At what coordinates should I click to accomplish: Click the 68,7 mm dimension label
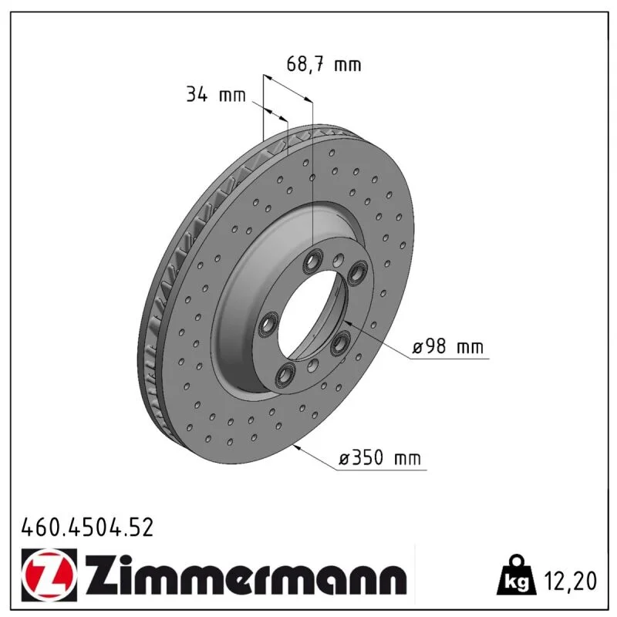pyautogui.click(x=323, y=64)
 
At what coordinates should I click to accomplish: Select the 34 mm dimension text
pyautogui.click(x=216, y=95)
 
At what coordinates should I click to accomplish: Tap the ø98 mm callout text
pyautogui.click(x=447, y=347)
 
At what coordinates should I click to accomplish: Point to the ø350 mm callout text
pyautogui.click(x=379, y=458)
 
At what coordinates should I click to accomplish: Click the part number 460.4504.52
pyautogui.click(x=87, y=528)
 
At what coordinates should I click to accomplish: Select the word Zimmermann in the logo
pyautogui.click(x=246, y=575)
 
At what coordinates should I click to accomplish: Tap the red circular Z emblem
pyautogui.click(x=49, y=575)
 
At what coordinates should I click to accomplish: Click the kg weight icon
pyautogui.click(x=516, y=575)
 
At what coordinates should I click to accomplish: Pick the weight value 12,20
pyautogui.click(x=570, y=581)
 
